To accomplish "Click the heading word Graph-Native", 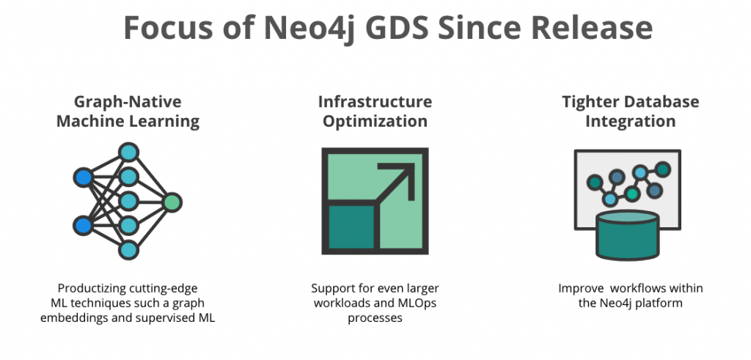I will pos(127,101).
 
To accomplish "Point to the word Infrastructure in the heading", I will pos(375,101).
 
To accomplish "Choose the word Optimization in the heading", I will pos(375,121).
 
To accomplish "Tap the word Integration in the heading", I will pos(630,121).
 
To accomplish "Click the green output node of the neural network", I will pos(172,202).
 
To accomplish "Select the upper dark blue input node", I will pos(83,177).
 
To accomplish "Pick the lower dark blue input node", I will pos(83,225).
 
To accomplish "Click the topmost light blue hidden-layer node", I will pos(129,153).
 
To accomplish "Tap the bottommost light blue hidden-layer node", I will pos(129,249).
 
